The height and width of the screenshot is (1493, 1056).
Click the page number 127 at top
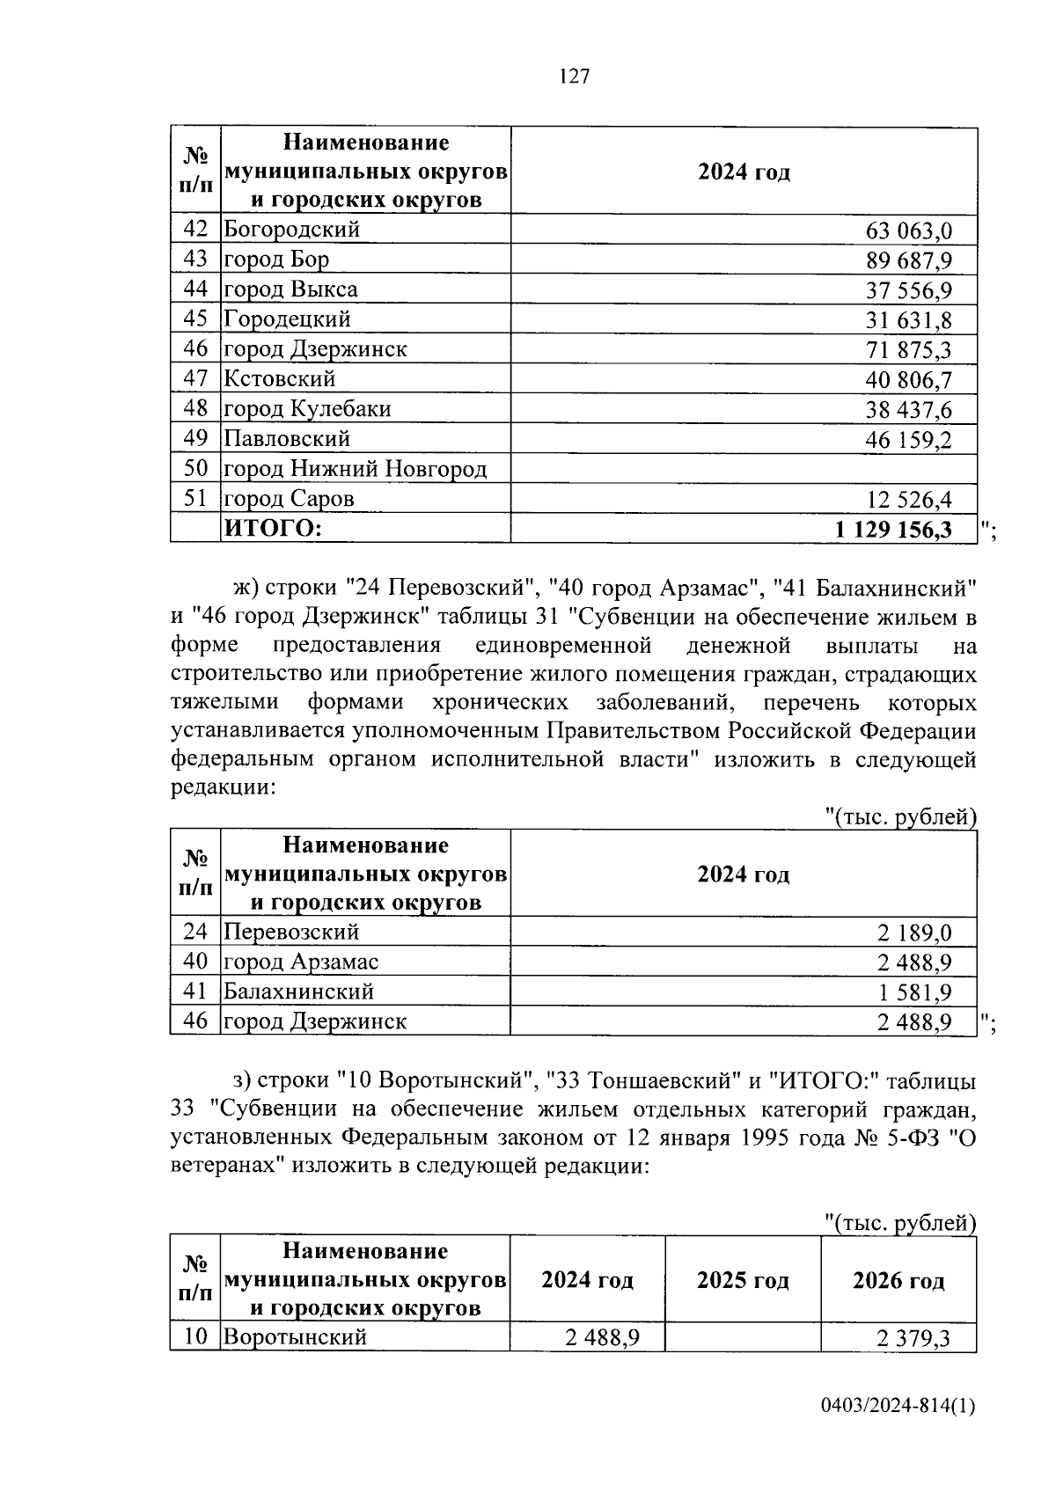(x=574, y=77)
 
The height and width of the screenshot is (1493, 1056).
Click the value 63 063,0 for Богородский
(x=909, y=231)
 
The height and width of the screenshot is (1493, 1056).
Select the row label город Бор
(x=276, y=260)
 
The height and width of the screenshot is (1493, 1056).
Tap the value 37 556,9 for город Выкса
(x=909, y=291)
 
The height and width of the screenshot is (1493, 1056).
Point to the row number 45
(x=195, y=318)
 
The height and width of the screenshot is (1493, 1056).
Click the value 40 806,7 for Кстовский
(x=909, y=381)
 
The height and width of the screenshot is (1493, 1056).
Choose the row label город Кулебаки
(x=307, y=409)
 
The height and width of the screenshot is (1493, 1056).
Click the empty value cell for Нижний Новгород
(x=744, y=468)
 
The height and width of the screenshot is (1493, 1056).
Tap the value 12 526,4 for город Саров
(x=909, y=501)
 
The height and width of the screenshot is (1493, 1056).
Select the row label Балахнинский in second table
(x=298, y=992)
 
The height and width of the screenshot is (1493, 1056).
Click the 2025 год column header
(x=743, y=1280)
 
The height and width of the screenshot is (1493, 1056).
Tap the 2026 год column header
(x=898, y=1280)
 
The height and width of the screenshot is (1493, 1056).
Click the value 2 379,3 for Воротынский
(x=913, y=1338)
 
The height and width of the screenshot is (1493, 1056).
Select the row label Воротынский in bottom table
(x=295, y=1337)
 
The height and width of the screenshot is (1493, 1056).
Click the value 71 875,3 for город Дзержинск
(x=909, y=351)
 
